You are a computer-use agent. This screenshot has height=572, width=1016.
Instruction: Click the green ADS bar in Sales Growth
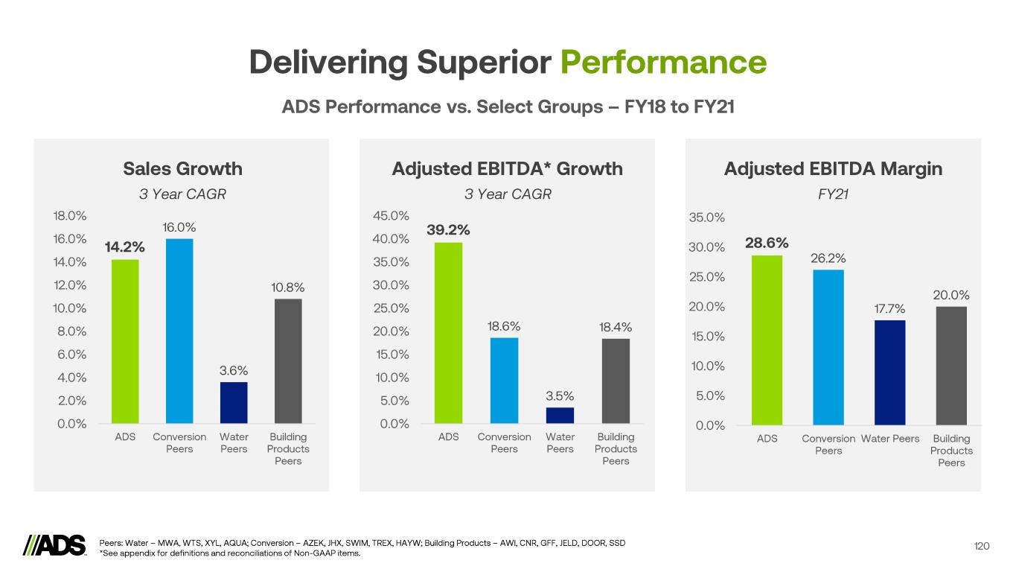coord(125,341)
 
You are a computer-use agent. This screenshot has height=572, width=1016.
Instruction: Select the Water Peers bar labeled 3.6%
coord(234,403)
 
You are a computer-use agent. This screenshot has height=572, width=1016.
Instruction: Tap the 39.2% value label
coord(448,230)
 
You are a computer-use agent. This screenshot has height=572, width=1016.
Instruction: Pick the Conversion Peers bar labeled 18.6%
coord(504,381)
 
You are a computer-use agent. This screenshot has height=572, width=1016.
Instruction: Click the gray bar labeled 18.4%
coord(616,381)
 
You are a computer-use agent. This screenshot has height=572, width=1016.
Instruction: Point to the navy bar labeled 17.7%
coord(891,372)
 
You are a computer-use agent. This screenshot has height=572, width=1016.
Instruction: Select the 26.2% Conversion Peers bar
coord(828,347)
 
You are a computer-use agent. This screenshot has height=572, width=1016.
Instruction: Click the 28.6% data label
coord(767,243)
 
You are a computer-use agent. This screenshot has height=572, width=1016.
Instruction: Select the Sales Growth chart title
coord(182,169)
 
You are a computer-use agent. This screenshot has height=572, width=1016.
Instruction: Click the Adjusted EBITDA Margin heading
coord(833,169)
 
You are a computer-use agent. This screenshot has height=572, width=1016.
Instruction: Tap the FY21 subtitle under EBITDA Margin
coord(833,194)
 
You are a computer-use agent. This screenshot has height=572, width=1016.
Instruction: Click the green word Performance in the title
coord(663,63)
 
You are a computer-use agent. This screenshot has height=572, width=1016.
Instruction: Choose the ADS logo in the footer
coord(55,545)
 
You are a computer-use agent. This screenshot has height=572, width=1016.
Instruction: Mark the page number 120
coord(982,547)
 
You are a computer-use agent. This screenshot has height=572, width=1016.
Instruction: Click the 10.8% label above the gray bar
coord(288,287)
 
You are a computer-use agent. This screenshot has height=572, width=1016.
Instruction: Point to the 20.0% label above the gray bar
coord(951,296)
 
